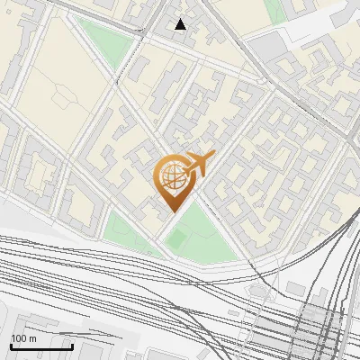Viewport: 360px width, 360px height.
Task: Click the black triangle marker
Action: point(181,24)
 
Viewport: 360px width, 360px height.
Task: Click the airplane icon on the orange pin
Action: point(199,164)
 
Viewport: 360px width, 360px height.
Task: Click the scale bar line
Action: point(41,346)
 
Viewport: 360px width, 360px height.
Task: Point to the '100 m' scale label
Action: point(23,338)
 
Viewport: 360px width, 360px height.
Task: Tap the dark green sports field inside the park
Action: point(177,238)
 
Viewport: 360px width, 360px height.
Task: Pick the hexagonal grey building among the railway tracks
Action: point(260,293)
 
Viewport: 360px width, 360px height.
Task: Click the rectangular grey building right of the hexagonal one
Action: point(296,288)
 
